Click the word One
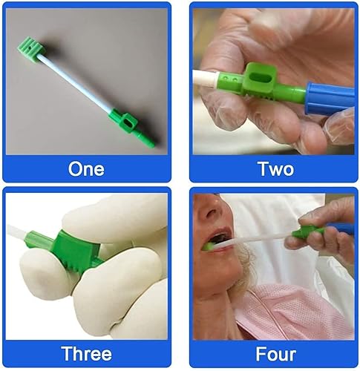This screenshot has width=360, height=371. [x=86, y=168]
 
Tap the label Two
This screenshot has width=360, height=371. [x=275, y=168]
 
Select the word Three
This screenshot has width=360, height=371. [x=87, y=353]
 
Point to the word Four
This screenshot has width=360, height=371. [x=275, y=353]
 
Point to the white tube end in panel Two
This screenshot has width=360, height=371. [x=208, y=79]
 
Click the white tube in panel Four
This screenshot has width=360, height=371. [x=260, y=236]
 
